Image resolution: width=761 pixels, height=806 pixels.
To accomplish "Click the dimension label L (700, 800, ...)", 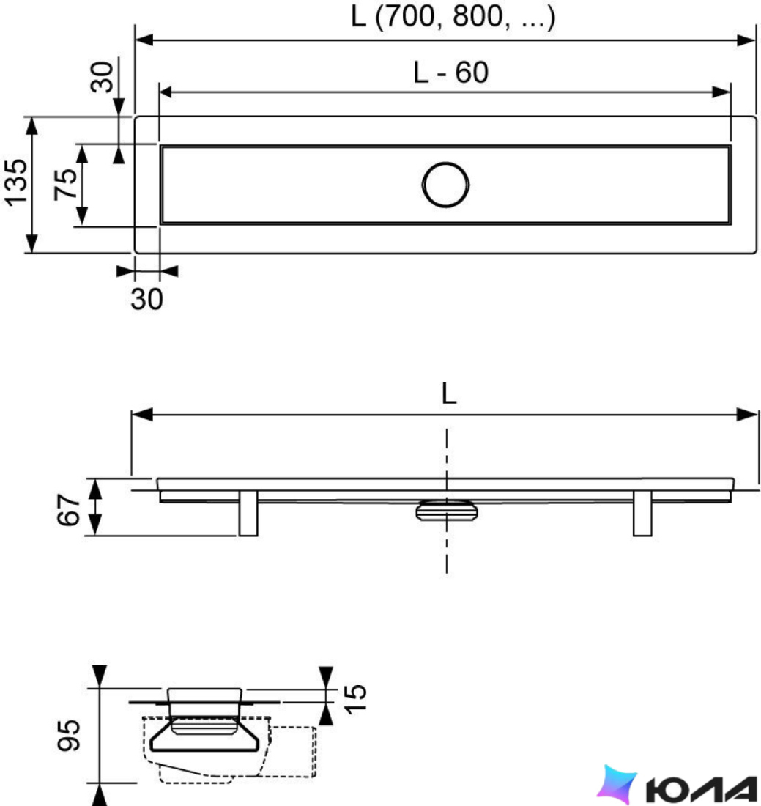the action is point(453,16).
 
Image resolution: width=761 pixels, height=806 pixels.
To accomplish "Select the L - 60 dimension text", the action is point(450,73).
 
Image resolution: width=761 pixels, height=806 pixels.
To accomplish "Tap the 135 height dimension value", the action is point(16,182).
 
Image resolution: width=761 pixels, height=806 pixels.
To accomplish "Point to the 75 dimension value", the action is point(66,184).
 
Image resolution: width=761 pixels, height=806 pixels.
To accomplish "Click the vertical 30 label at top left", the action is point(102,77).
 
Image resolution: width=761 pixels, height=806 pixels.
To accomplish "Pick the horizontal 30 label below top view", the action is point(146,299).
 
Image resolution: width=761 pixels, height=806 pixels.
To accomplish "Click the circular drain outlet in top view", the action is point(445,185).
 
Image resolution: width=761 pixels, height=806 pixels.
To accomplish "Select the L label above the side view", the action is point(448,393).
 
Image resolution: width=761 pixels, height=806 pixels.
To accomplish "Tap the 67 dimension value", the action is point(68,509).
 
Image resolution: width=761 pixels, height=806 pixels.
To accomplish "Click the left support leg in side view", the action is point(248,513).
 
